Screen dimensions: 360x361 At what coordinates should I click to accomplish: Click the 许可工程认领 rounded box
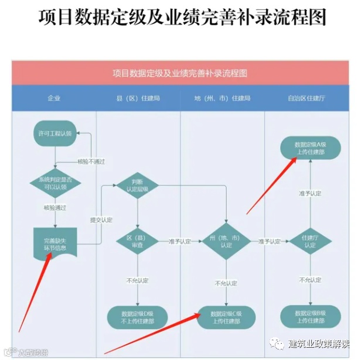click(x=55, y=133)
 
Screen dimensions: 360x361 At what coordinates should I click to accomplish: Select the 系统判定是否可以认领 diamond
click(x=55, y=183)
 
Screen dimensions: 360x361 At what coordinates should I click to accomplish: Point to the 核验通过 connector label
click(x=55, y=207)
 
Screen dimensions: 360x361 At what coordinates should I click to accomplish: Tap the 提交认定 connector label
click(x=101, y=220)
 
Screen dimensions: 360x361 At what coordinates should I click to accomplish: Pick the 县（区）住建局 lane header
click(x=138, y=98)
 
